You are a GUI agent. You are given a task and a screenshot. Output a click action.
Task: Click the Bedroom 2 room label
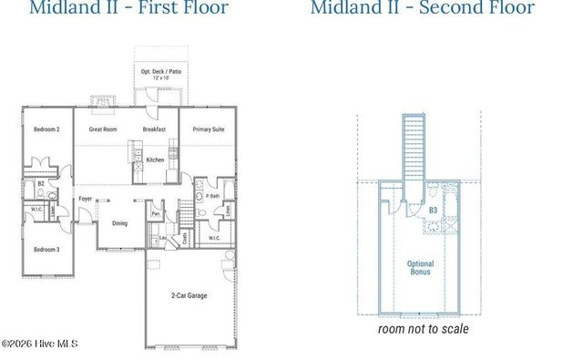tap(46, 129)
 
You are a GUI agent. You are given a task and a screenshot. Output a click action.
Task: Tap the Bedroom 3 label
tap(46, 249)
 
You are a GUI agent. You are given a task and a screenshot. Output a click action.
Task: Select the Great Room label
tap(103, 129)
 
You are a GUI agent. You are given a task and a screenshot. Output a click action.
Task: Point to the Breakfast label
tap(155, 129)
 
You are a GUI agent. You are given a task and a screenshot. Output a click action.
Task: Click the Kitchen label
tap(156, 159)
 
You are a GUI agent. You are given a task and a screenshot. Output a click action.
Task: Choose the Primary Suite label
tap(208, 129)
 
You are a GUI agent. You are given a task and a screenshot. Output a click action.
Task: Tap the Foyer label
tap(86, 197)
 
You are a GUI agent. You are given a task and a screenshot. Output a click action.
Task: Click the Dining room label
tap(119, 223)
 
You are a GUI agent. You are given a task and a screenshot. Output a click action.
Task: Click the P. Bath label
tap(213, 196)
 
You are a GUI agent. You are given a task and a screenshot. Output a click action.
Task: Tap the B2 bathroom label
tap(41, 183)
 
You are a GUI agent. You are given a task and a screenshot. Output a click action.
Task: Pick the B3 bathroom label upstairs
tap(434, 211)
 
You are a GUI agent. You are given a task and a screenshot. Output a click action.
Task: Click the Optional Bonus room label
tap(420, 268)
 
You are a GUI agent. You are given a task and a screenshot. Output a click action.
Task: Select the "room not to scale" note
tap(424, 328)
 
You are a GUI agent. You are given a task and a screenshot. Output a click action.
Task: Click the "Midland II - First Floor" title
tap(128, 9)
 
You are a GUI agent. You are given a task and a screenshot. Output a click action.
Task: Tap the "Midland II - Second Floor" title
tap(422, 9)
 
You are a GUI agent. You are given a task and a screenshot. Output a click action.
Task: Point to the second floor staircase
tap(415, 146)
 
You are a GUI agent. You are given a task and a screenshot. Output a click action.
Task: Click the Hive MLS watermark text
tap(40, 344)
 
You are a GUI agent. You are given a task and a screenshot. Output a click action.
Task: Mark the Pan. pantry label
tap(156, 215)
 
